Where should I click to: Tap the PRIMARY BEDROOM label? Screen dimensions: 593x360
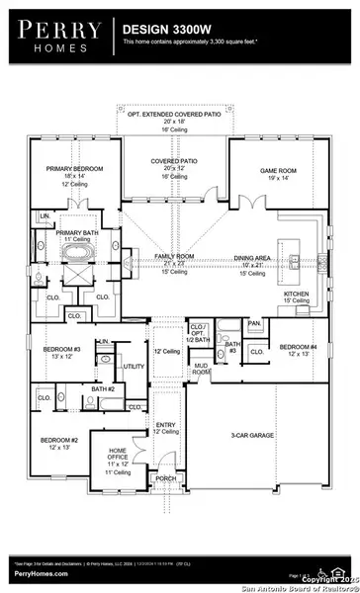click(x=74, y=169)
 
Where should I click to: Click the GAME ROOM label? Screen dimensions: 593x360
click(x=277, y=170)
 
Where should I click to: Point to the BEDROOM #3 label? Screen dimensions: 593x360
click(x=61, y=350)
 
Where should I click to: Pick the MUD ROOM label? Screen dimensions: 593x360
click(x=202, y=369)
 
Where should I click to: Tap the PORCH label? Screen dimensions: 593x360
click(x=165, y=478)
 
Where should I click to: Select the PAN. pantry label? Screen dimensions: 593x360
click(x=254, y=322)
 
